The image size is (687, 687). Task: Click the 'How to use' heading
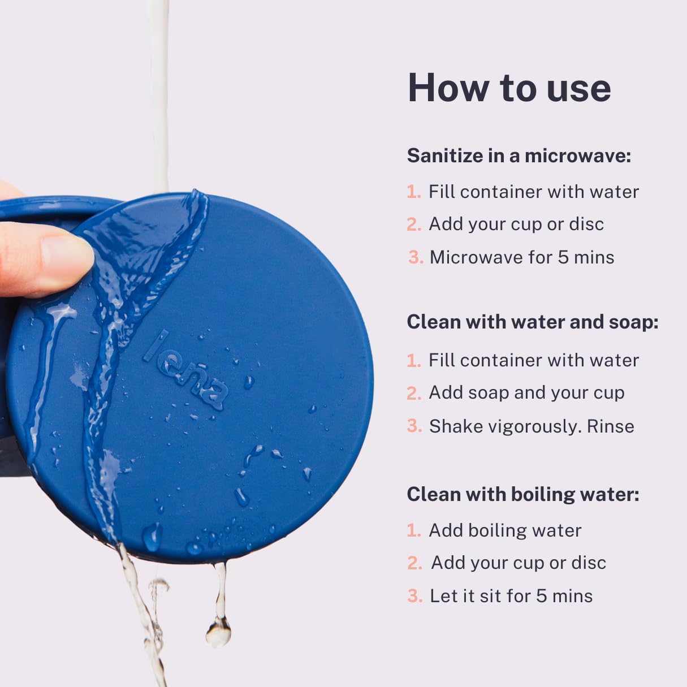pos(509,88)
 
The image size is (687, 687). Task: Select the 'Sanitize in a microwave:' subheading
pos(519,155)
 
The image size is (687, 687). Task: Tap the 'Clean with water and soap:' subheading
pos(533,322)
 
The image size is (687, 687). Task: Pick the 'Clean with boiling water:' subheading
pos(523,494)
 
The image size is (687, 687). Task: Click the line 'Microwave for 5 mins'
pos(521,257)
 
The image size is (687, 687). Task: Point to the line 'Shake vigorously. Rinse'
pos(532,426)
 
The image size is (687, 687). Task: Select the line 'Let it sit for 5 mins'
pos(511,595)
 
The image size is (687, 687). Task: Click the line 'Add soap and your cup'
pos(526,392)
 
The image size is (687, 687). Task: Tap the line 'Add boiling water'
pos(505,530)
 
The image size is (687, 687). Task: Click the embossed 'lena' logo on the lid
pos(186,370)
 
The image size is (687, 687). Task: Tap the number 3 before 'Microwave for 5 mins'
pos(416,257)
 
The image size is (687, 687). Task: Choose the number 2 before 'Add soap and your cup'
pos(414,393)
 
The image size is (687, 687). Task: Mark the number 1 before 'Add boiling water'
pos(413,530)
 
